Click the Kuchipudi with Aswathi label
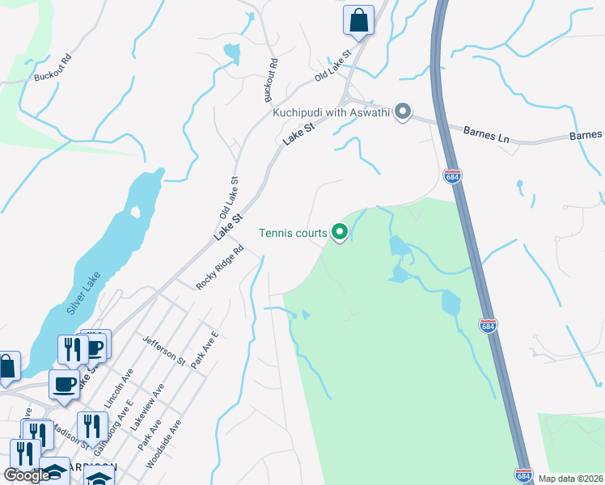coord(332,113)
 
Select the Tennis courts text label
coord(293,234)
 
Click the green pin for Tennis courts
coord(340,234)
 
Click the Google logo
coord(26,475)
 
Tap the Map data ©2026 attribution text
coord(571,479)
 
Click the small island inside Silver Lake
coord(135,213)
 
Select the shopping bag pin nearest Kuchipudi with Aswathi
coord(357,20)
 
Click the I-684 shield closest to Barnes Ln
coord(452,175)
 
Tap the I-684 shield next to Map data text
coord(522,475)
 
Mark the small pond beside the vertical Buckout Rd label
coord(233,54)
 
